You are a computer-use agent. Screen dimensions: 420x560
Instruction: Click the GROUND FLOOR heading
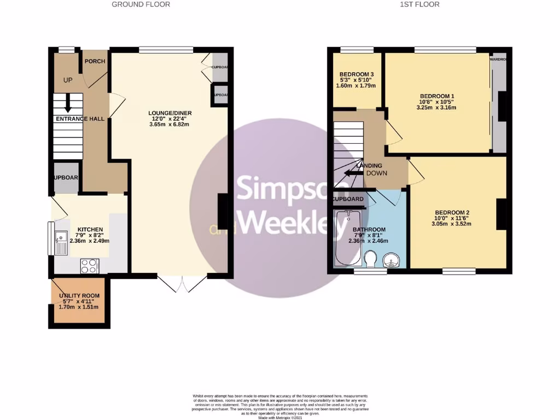click(x=141, y=4)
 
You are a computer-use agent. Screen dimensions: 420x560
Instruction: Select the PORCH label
click(x=95, y=61)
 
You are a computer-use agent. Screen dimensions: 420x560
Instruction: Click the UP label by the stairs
click(x=68, y=80)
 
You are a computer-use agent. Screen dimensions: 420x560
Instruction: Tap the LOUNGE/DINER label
click(x=171, y=114)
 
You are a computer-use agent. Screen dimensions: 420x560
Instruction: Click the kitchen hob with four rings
click(x=89, y=266)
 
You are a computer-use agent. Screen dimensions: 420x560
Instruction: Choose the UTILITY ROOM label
click(x=79, y=295)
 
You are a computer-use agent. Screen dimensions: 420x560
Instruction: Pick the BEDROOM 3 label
click(x=357, y=74)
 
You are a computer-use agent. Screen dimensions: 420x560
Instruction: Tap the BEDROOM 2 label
click(x=452, y=213)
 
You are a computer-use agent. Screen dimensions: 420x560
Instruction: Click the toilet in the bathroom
click(x=370, y=258)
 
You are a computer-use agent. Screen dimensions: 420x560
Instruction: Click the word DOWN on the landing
click(x=377, y=173)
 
